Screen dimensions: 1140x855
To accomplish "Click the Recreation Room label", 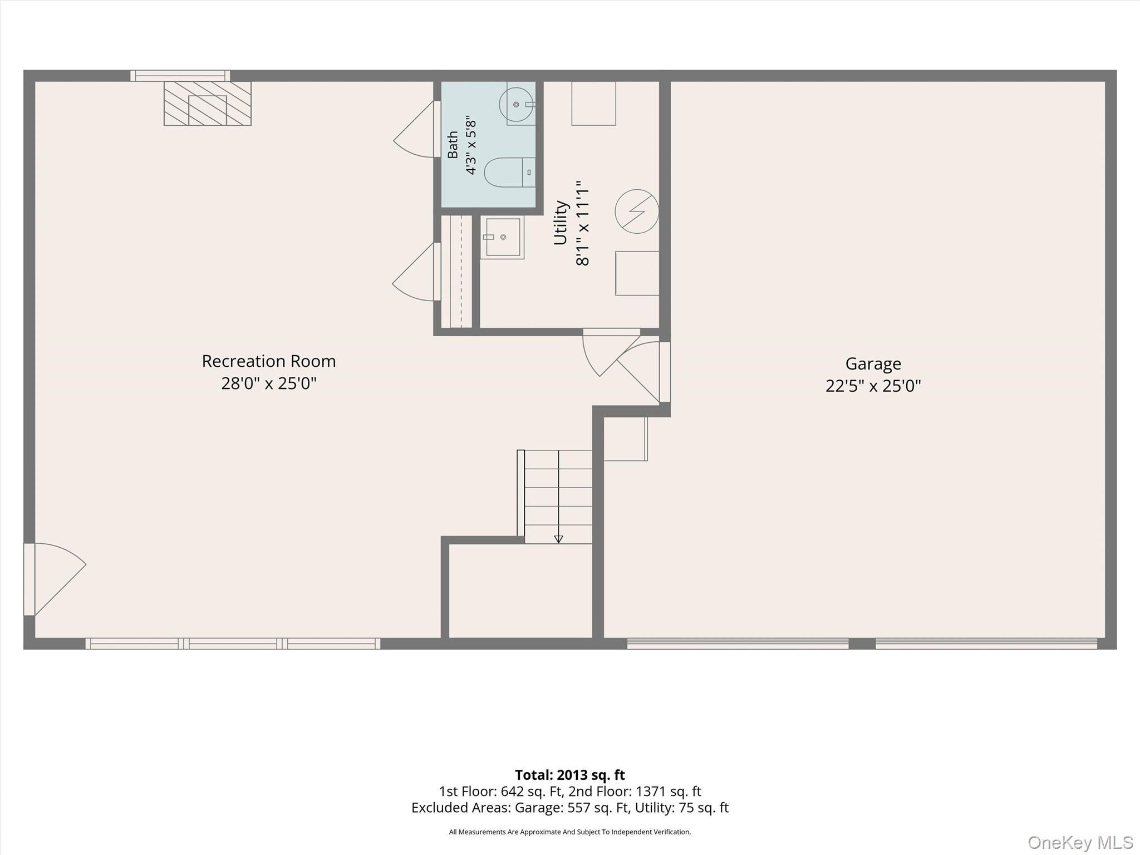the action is pyautogui.click(x=269, y=361).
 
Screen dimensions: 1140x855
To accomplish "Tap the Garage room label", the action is pyautogui.click(x=873, y=364).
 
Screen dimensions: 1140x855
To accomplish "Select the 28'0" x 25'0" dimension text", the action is pyautogui.click(x=269, y=384).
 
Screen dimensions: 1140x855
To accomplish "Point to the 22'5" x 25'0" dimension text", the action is pyautogui.click(x=873, y=386).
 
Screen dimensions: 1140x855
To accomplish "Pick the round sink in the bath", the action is pyautogui.click(x=517, y=104).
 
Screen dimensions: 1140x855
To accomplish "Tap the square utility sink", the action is pyautogui.click(x=502, y=237).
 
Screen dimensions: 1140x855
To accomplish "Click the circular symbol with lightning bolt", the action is pyautogui.click(x=637, y=212).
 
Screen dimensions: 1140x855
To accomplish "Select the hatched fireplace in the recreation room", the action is pyautogui.click(x=207, y=104).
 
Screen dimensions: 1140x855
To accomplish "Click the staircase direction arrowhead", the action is pyautogui.click(x=558, y=539).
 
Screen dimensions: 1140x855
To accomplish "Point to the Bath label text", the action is pyautogui.click(x=453, y=145).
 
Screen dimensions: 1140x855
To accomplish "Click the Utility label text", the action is pyautogui.click(x=561, y=223).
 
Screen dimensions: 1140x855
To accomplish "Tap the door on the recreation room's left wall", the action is pyautogui.click(x=55, y=579).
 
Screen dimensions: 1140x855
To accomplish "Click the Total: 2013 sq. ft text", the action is pyautogui.click(x=569, y=775).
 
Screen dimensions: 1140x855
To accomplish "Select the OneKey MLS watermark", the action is pyautogui.click(x=1080, y=842).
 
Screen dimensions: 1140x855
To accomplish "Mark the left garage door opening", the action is pyautogui.click(x=738, y=643).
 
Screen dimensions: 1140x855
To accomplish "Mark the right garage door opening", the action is pyautogui.click(x=986, y=643).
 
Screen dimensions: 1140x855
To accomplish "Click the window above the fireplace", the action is pyautogui.click(x=180, y=76).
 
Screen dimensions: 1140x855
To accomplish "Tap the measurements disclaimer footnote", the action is pyautogui.click(x=569, y=832).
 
